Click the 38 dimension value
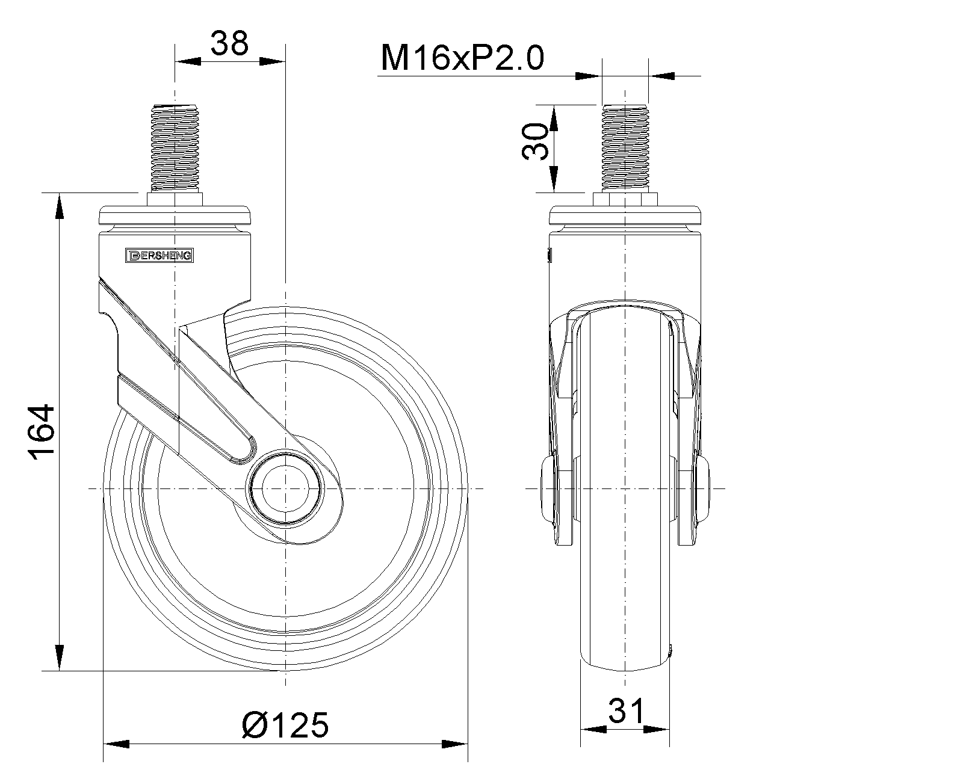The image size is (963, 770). (x=229, y=43)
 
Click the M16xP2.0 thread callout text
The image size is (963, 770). (x=463, y=58)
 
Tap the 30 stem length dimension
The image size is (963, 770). (x=535, y=142)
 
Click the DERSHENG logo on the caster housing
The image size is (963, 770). (x=159, y=256)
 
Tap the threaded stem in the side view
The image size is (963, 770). (x=175, y=147)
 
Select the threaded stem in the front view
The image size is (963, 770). (x=625, y=147)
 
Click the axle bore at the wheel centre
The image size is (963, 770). (x=285, y=488)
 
